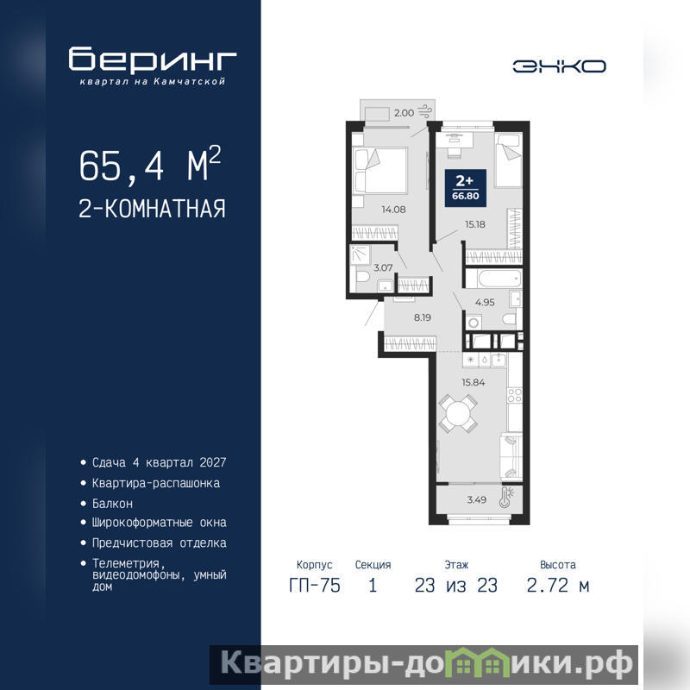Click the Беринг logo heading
[x=153, y=59]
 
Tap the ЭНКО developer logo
[x=559, y=66]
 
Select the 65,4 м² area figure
[x=150, y=165]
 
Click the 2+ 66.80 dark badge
[x=466, y=188]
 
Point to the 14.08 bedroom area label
[x=393, y=210]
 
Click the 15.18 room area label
[x=475, y=224]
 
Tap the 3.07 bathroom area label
[x=383, y=267]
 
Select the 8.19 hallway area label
[x=422, y=317]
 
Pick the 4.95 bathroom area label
[x=485, y=303]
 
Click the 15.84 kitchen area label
[x=473, y=382]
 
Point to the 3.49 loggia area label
[x=477, y=499]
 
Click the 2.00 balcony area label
[x=404, y=113]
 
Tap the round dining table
[x=458, y=414]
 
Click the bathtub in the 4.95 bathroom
[x=493, y=279]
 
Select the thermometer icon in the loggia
[x=507, y=497]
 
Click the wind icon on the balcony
[x=425, y=111]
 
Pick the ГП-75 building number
[x=315, y=586]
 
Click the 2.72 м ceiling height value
[x=557, y=586]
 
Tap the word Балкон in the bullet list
[x=112, y=504]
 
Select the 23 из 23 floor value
[x=456, y=586]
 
